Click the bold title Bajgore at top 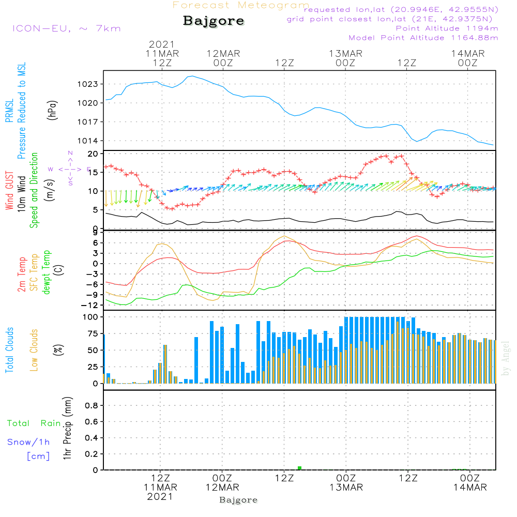(214, 21)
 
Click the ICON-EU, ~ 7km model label (66, 28)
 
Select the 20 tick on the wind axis (93, 154)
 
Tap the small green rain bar (300, 468)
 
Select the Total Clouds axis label (9, 350)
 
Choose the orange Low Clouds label (34, 350)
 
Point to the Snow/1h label (29, 442)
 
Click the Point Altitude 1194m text (447, 28)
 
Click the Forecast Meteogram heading (241, 5)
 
